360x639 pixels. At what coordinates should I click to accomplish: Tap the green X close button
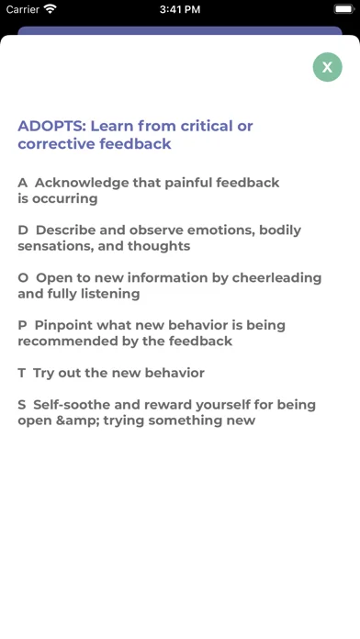click(x=327, y=67)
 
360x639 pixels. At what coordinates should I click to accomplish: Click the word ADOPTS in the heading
click(x=51, y=126)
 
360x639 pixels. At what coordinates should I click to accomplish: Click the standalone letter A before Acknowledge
click(x=22, y=183)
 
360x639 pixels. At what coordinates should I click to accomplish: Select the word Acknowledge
click(x=82, y=183)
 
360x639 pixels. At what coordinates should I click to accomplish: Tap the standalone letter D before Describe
click(x=23, y=230)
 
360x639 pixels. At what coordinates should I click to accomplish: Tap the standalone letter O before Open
click(x=23, y=278)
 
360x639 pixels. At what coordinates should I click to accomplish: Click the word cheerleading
click(x=276, y=278)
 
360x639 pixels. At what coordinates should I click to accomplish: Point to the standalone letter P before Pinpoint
click(x=22, y=326)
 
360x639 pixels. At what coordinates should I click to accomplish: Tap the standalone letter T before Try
click(x=22, y=374)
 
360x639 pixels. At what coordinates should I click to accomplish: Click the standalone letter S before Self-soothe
click(x=22, y=405)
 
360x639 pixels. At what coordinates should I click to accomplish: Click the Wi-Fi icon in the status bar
click(x=51, y=9)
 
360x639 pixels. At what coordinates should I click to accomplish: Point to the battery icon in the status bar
click(x=344, y=9)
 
